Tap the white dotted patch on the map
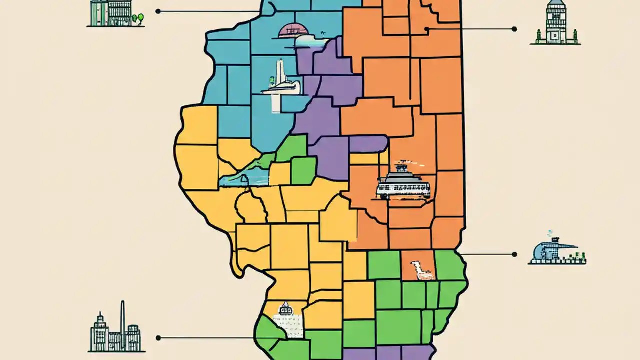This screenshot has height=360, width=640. point(288,325)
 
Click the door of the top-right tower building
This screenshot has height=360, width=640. point(555,38)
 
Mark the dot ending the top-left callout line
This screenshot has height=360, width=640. point(158,11)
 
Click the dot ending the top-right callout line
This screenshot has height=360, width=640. point(514,29)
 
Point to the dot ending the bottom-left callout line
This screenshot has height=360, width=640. point(158,338)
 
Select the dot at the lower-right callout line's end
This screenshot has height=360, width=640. point(514,254)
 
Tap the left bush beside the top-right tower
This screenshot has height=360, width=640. point(538,35)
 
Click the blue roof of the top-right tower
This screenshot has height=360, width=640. point(555,6)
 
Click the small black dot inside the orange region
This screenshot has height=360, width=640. point(426,29)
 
